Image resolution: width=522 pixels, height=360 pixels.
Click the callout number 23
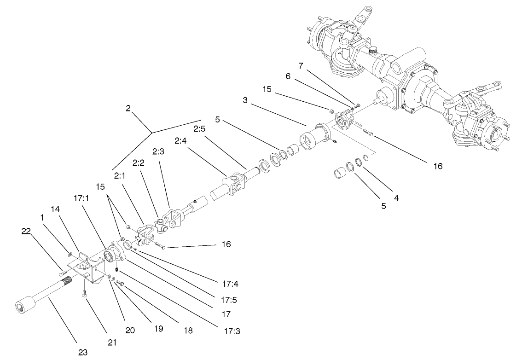pyautogui.click(x=82, y=352)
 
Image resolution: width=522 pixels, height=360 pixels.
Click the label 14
pyautogui.click(x=55, y=209)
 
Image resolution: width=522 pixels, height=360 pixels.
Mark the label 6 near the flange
pyautogui.click(x=289, y=77)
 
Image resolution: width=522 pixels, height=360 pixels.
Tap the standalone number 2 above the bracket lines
pyautogui.click(x=128, y=108)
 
